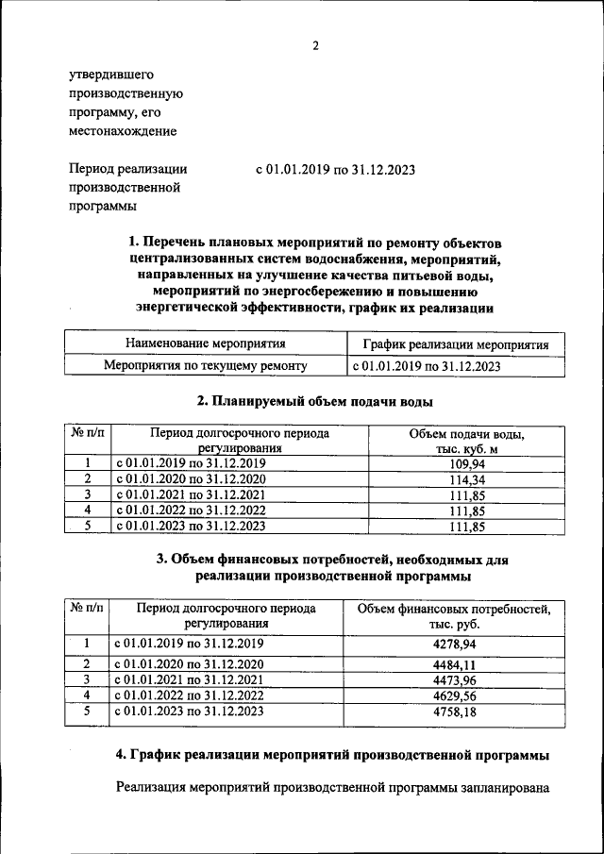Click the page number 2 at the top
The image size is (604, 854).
[x=316, y=45]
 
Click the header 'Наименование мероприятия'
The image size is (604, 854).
[x=205, y=344]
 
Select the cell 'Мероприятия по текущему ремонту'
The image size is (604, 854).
[x=205, y=365]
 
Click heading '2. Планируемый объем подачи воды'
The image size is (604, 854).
[x=314, y=402]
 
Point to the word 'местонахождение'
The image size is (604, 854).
[x=123, y=131]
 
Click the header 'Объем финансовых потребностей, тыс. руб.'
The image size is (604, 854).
[x=453, y=616]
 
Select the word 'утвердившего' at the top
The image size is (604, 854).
[x=110, y=75]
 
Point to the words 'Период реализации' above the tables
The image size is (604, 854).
[x=127, y=169]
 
